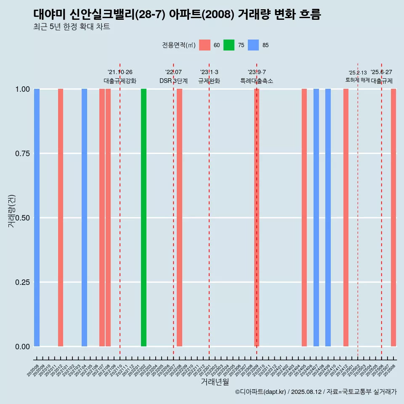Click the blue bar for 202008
(x=37, y=218)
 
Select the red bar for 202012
(x=61, y=218)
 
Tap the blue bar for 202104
(x=84, y=218)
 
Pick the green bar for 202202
(x=144, y=218)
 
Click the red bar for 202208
(x=179, y=218)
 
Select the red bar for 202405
(x=304, y=218)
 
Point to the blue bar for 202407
(x=316, y=218)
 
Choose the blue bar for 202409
(x=328, y=218)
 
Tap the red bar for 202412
(x=346, y=218)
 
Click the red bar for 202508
(x=393, y=218)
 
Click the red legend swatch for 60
(x=205, y=45)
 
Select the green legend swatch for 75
(x=229, y=45)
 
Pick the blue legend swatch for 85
(x=253, y=45)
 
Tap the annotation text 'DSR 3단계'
(x=173, y=81)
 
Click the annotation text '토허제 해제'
(x=357, y=80)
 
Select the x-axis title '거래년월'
(x=215, y=382)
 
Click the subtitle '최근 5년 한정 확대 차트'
(x=72, y=27)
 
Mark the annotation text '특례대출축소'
(x=257, y=81)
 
